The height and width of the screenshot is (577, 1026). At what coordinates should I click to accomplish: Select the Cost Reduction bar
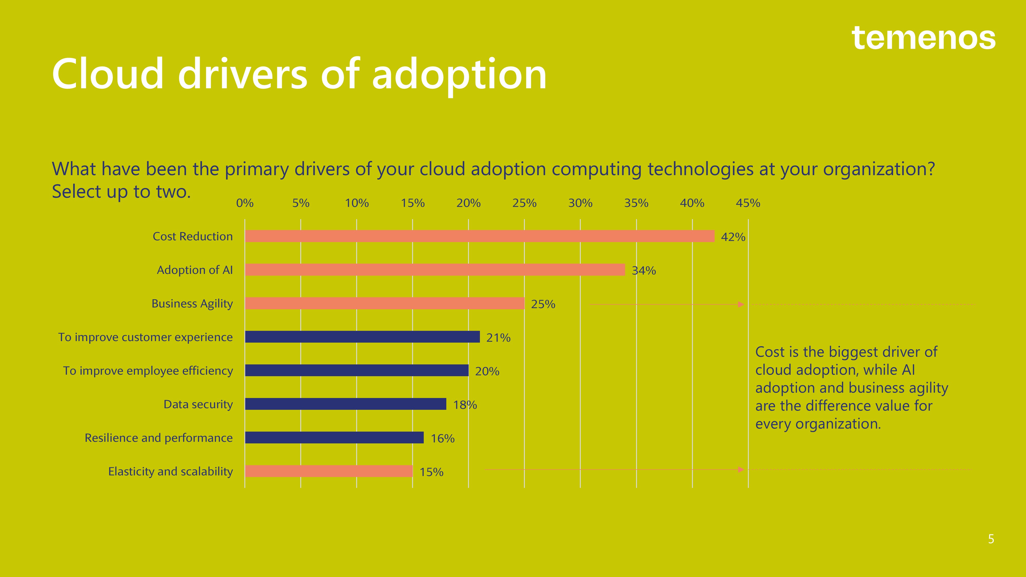pyautogui.click(x=480, y=236)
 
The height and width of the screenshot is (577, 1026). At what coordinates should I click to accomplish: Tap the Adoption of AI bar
pyautogui.click(x=435, y=270)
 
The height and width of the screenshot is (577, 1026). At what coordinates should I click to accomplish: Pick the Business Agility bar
pyautogui.click(x=385, y=303)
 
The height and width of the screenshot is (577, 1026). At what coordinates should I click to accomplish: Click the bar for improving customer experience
pyautogui.click(x=362, y=337)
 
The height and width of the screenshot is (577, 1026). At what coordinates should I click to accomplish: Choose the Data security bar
pyautogui.click(x=346, y=404)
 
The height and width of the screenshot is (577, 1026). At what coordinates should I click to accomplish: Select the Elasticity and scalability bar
pyautogui.click(x=329, y=471)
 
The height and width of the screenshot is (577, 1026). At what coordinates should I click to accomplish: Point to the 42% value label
pyautogui.click(x=733, y=237)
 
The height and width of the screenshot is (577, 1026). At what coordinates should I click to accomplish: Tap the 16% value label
pyautogui.click(x=442, y=439)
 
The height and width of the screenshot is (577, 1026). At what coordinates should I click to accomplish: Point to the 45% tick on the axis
pyautogui.click(x=748, y=203)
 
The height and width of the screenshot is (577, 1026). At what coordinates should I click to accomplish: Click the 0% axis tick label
pyautogui.click(x=244, y=203)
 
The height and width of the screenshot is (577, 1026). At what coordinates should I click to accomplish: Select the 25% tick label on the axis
pyautogui.click(x=524, y=203)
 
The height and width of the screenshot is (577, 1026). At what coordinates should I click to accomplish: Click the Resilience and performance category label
pyautogui.click(x=159, y=438)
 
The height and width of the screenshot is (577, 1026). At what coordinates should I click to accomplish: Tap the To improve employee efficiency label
pyautogui.click(x=148, y=371)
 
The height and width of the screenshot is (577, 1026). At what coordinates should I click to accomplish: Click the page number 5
pyautogui.click(x=991, y=539)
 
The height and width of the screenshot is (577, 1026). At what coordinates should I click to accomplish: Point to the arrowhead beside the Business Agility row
pyautogui.click(x=741, y=304)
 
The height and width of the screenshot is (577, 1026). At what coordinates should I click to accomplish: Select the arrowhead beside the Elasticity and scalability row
pyautogui.click(x=741, y=470)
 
